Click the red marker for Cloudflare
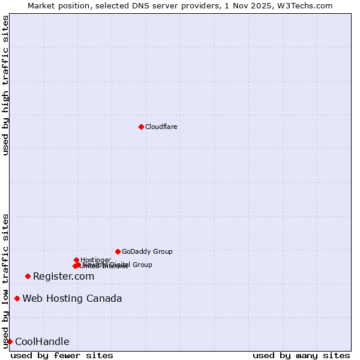[141, 127]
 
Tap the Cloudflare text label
[161, 127]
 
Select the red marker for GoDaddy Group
[118, 251]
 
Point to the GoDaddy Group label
[147, 252]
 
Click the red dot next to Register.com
[28, 276]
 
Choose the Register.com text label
[64, 276]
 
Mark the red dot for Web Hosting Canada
[17, 298]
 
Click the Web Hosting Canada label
[72, 299]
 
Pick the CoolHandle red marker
[10, 341]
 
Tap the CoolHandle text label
[42, 342]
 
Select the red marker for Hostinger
[76, 260]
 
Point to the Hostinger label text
[95, 260]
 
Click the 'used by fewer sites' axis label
[62, 355]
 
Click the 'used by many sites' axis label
[301, 355]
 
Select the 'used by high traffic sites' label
[6, 85]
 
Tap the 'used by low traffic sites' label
[6, 281]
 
